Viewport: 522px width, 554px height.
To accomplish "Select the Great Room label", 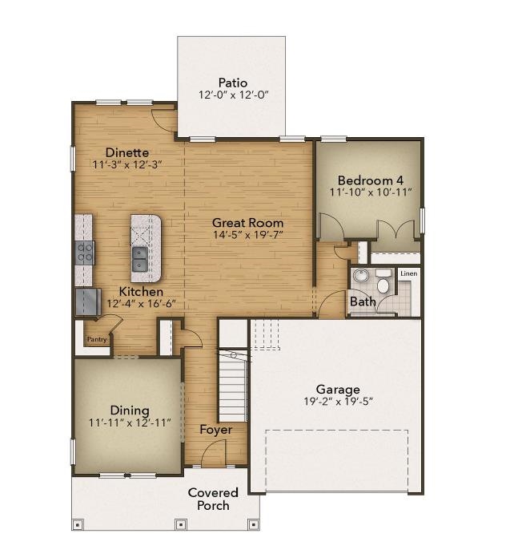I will pyautogui.click(x=247, y=222).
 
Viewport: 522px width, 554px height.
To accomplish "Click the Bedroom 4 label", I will pyautogui.click(x=370, y=180).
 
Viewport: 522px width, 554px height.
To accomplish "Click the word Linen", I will pyautogui.click(x=408, y=274).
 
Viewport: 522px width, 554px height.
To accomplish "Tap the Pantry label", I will pyautogui.click(x=97, y=340).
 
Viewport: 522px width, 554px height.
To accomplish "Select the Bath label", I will pyautogui.click(x=362, y=301).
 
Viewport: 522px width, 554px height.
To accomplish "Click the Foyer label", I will pyautogui.click(x=216, y=430).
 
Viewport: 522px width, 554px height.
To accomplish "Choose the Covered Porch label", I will pyautogui.click(x=213, y=499).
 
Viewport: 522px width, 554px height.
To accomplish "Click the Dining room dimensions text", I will pyautogui.click(x=130, y=423).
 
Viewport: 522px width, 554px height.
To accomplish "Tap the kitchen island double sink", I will pyautogui.click(x=140, y=258).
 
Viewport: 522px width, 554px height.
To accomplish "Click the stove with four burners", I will pyautogui.click(x=84, y=253).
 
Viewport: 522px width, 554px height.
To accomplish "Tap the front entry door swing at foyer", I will pyautogui.click(x=211, y=454).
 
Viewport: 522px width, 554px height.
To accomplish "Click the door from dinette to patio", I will pyautogui.click(x=165, y=119).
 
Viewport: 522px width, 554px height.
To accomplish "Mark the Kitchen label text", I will pyautogui.click(x=142, y=292).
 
